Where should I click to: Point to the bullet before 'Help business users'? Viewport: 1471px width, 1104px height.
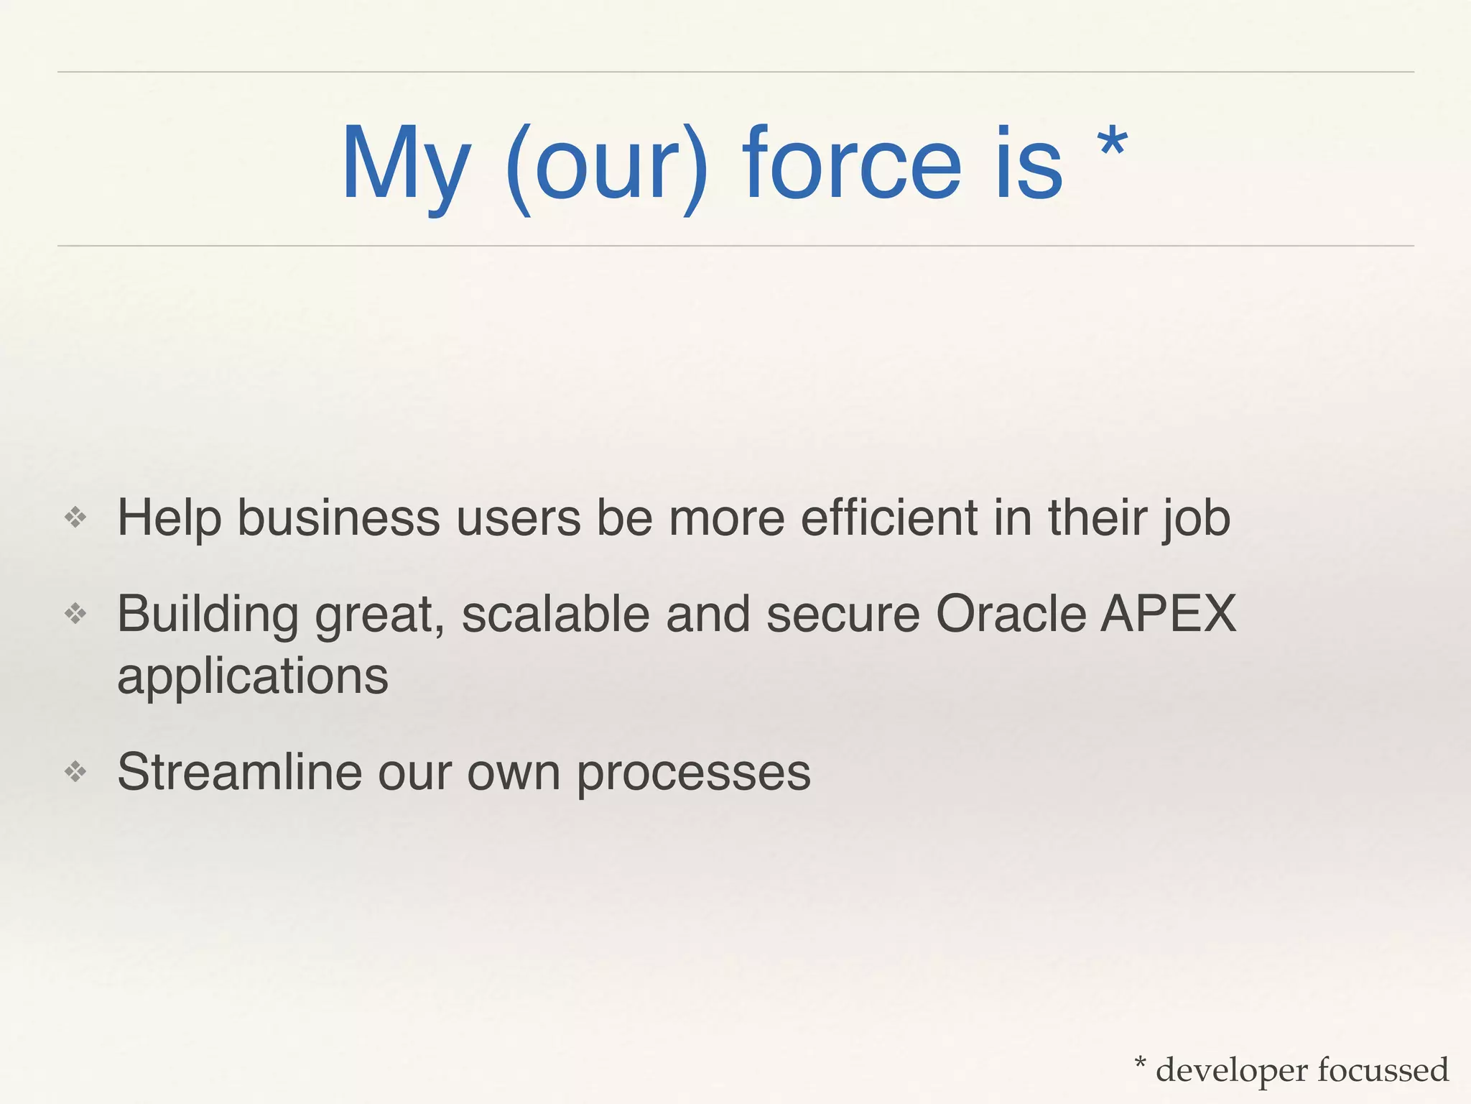tap(75, 517)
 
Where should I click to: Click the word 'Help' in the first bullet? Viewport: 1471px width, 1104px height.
tap(169, 517)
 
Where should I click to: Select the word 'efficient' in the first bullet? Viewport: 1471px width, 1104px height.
tap(889, 517)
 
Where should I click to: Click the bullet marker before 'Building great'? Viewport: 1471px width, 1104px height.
tap(75, 614)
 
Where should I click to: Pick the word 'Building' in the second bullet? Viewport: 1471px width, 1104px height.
tap(208, 615)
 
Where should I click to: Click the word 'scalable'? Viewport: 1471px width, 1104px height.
tap(555, 614)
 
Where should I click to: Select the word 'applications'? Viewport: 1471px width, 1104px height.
tap(253, 677)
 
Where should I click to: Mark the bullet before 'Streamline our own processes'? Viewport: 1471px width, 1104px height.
tap(75, 772)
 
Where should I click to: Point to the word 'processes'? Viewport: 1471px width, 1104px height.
tap(694, 773)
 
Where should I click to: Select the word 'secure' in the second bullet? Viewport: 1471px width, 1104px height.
tap(843, 615)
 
